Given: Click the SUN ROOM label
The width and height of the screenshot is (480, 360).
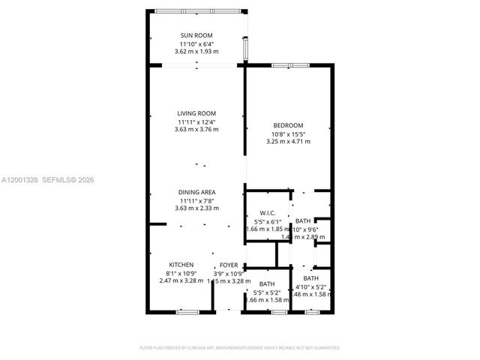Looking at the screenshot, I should point(196,35).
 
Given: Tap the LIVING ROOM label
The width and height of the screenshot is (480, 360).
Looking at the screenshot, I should point(196,113).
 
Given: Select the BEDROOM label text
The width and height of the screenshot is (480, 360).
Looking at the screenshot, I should point(287,125).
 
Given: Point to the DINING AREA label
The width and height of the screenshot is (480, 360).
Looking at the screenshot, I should point(196,192).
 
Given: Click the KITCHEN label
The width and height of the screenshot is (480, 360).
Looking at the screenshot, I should point(181,265).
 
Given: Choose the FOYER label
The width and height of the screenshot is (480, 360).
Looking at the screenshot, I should point(228,265).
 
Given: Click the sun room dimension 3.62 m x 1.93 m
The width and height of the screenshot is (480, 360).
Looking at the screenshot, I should point(196,52).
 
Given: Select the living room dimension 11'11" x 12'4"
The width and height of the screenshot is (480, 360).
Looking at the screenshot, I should point(196,121).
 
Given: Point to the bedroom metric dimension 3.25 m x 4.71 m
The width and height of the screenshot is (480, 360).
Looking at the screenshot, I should point(287,141).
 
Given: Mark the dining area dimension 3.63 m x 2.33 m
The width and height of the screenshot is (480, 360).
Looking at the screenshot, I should point(196,208).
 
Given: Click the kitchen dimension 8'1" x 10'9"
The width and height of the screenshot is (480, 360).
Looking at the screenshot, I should point(181,273).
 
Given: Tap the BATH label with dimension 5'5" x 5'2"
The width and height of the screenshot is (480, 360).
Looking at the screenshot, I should point(266,283).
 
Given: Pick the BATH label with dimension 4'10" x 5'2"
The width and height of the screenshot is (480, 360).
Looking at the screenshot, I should point(310,278).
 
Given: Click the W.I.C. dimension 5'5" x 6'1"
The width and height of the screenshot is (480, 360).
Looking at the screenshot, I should point(268,222).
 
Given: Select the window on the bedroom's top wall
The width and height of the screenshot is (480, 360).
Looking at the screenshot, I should point(291,66).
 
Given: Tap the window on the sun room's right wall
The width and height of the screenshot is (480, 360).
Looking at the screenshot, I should point(245,47).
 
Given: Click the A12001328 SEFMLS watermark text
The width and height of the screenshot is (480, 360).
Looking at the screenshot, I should point(48,180).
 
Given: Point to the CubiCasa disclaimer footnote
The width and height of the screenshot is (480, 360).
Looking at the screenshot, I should point(240,348).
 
